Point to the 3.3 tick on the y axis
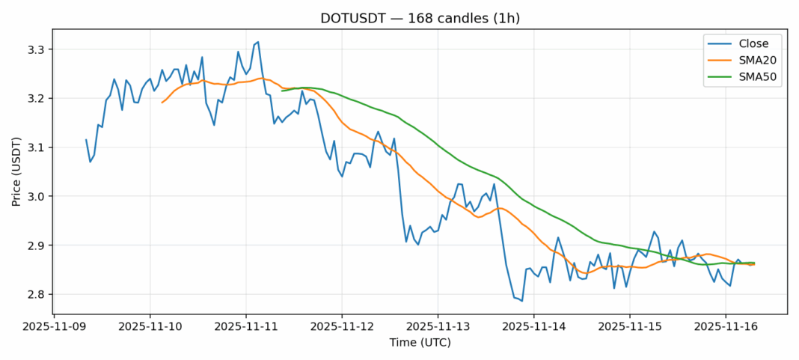[36, 50]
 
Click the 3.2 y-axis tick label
[36, 99]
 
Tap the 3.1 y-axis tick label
[36, 147]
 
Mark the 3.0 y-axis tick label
[36, 197]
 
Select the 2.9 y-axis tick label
[36, 245]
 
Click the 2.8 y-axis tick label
[36, 294]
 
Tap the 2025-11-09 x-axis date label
[55, 326]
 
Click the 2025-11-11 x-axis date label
[246, 326]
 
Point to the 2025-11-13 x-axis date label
[438, 326]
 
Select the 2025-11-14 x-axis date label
[533, 326]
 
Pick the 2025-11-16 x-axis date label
[725, 326]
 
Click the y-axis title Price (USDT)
[16, 171]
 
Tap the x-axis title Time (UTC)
[420, 342]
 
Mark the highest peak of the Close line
[258, 42]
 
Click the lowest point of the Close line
[522, 301]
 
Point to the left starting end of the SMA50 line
[282, 91]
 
